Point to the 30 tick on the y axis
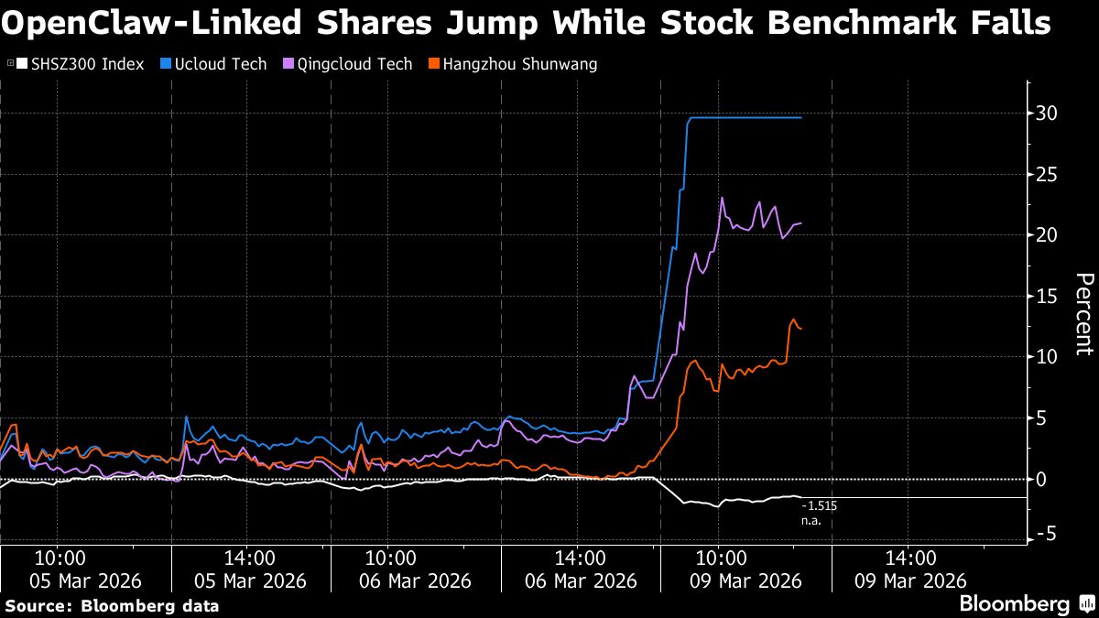point(1046,114)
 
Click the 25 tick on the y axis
point(1046,174)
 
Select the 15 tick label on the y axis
point(1046,296)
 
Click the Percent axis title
point(1083,313)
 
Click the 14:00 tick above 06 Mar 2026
point(579,557)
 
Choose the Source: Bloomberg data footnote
point(112,605)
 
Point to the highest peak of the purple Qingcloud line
point(723,198)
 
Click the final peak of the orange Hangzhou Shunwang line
point(793,320)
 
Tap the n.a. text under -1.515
point(811,521)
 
